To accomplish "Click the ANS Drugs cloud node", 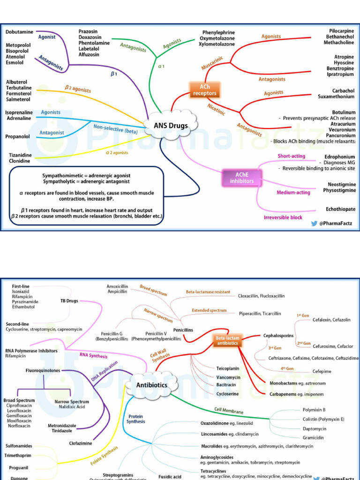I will click(171, 126).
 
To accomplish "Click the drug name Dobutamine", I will click(19, 32).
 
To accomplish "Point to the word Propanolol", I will click(17, 136).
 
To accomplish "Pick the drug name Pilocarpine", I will click(342, 31).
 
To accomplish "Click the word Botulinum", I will click(344, 112).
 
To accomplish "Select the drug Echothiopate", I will click(341, 209).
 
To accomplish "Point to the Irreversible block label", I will click(283, 217).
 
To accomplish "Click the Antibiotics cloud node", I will click(151, 385).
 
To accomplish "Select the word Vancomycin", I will click(228, 377).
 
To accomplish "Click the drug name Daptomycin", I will click(315, 428).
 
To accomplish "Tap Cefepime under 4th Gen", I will click(322, 371).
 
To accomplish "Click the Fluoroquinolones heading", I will click(44, 370).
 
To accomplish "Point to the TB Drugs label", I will click(69, 300).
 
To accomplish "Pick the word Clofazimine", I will click(81, 442).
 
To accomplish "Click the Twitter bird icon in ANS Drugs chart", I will click(315, 224).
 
